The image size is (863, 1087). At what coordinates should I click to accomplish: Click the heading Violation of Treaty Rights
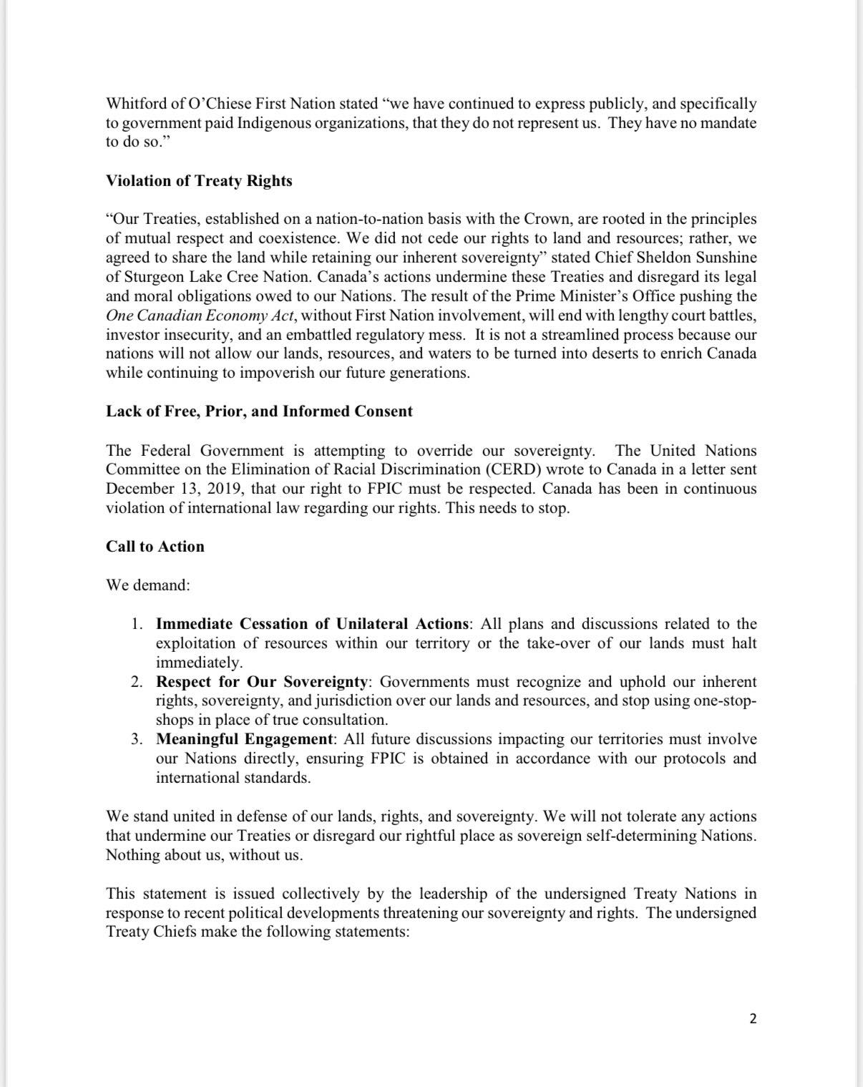coord(199,181)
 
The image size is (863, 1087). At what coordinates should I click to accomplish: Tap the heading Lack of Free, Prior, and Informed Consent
coord(259,411)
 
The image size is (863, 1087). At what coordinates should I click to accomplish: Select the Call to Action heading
coord(155,547)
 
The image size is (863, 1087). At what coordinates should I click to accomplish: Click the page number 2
coord(753,1018)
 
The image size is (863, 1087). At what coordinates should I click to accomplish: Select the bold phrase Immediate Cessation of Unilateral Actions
coord(313,624)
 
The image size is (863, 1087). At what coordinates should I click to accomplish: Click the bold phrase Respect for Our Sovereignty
coord(262,682)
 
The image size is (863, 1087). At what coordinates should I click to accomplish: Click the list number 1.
coord(137,624)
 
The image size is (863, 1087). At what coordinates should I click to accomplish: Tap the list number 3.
coord(137,739)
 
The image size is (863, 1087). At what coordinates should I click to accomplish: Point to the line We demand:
coord(148,585)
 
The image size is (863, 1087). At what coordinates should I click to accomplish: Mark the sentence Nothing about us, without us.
coord(205,855)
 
